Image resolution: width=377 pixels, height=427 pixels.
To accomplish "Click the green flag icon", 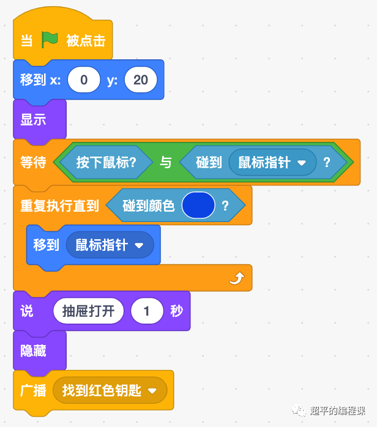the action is tap(50, 40).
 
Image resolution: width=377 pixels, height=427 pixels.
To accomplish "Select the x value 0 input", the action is tap(84, 80).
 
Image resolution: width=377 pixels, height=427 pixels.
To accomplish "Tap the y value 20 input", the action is tap(140, 80).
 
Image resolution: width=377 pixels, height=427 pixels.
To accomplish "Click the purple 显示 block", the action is tap(34, 120).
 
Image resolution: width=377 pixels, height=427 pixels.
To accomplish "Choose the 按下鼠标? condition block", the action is tap(105, 163).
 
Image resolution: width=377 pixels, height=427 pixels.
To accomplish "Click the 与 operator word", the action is tap(166, 163).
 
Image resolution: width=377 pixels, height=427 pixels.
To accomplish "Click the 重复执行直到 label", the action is tap(59, 206).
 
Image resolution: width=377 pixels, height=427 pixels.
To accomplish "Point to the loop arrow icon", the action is tap(236, 279).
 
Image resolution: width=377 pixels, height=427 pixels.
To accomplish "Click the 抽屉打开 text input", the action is tap(88, 311).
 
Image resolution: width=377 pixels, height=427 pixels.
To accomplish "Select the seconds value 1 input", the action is tap(146, 311).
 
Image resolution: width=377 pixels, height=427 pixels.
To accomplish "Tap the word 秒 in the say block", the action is tap(176, 311).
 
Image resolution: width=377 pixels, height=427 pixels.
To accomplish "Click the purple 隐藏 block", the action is tap(34, 351).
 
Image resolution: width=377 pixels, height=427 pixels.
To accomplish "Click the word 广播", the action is tap(33, 390).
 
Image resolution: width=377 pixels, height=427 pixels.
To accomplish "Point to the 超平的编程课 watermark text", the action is tap(338, 410).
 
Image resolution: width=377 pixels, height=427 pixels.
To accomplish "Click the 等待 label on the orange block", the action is tap(33, 163).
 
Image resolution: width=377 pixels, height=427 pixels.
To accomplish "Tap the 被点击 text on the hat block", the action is tap(86, 40).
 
